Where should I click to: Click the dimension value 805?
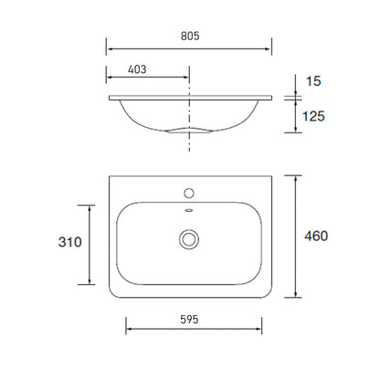click(189, 36)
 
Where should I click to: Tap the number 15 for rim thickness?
click(313, 82)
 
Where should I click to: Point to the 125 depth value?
click(313, 116)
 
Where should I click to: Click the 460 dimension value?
click(316, 237)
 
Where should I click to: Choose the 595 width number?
click(189, 319)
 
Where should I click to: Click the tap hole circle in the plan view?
click(189, 194)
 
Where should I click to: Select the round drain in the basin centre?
click(189, 239)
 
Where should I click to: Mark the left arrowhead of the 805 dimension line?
click(110, 48)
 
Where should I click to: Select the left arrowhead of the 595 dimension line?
click(128, 331)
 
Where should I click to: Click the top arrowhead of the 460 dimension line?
click(296, 178)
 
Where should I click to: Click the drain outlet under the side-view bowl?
click(189, 131)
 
